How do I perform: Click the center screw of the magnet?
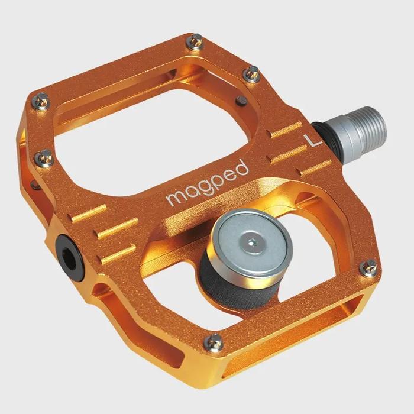[253, 241]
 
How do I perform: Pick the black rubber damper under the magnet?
[237, 278]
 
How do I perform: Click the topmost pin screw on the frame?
[195, 41]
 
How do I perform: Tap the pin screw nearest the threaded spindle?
[253, 73]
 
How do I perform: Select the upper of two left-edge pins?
[42, 103]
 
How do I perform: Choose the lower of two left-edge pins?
[44, 157]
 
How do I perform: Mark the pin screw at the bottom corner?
[214, 341]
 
